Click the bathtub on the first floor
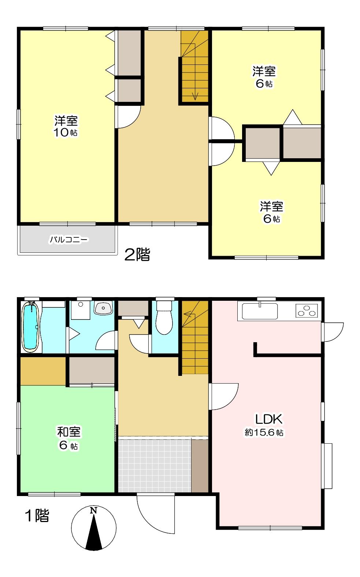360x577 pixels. point(31,326)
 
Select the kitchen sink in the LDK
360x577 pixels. point(260,311)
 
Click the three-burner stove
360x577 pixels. point(307,311)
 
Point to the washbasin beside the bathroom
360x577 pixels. point(103,308)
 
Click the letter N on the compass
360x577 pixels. point(93,510)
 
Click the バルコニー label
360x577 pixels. point(69,240)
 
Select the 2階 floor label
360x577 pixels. point(137,255)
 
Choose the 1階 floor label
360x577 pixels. point(37,516)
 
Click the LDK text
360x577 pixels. point(268,419)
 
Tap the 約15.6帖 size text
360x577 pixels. point(264,433)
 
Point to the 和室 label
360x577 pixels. point(69,432)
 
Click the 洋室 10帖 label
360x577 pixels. point(66,126)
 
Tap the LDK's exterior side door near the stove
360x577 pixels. point(333,332)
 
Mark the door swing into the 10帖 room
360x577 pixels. point(128,117)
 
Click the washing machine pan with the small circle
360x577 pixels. point(81,310)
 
